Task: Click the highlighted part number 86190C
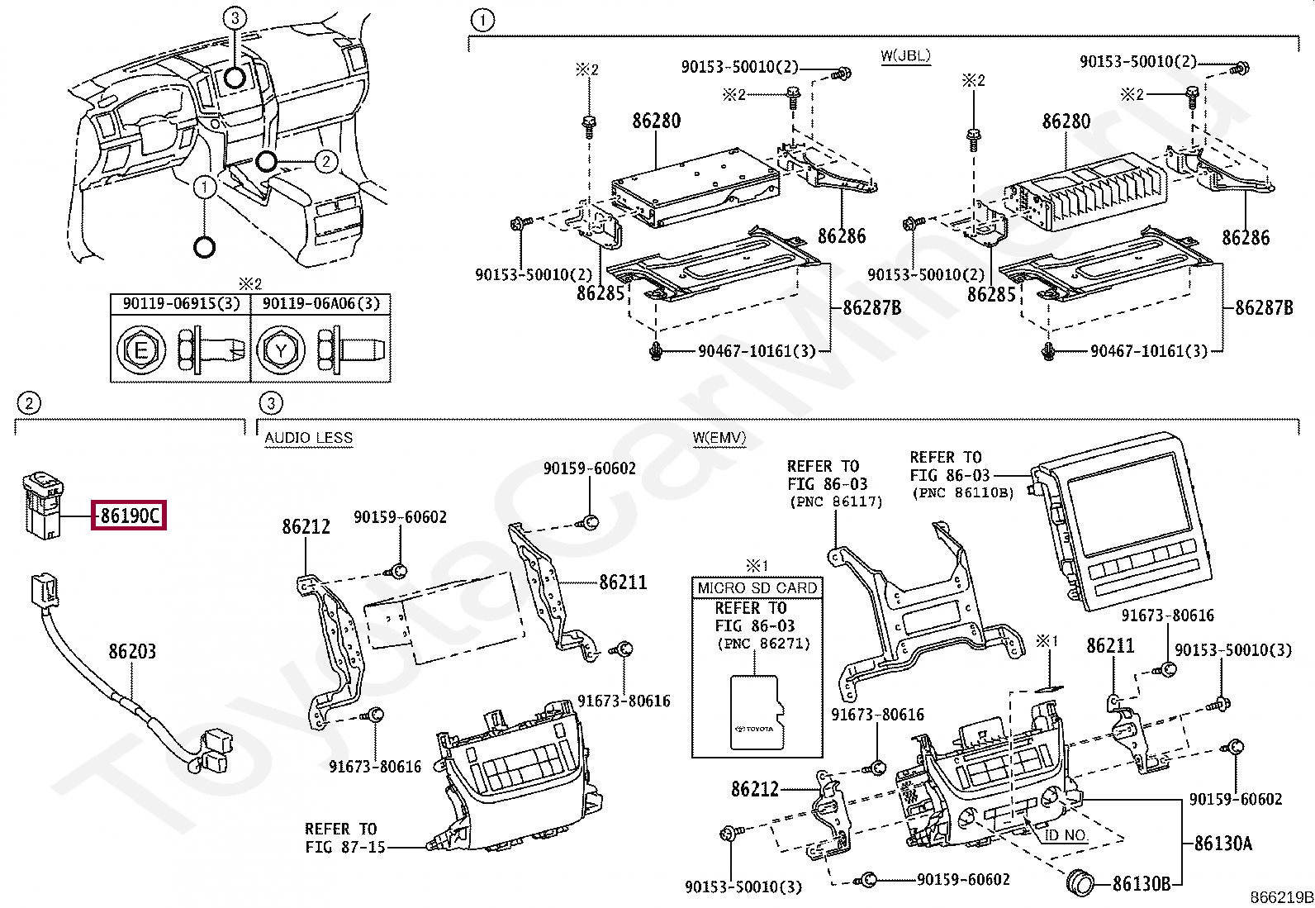point(131,516)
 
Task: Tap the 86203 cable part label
point(132,651)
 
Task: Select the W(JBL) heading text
point(905,56)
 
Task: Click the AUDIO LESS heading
point(308,439)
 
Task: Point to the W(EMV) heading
point(719,439)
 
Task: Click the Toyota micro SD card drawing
point(756,713)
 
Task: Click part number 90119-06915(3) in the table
point(181,304)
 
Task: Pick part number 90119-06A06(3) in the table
point(321,304)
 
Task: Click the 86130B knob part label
point(1142,883)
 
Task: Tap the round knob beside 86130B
point(1080,882)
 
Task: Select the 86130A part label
point(1222,844)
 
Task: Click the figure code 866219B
point(1280,898)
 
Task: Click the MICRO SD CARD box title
point(757,587)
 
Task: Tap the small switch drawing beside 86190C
point(41,504)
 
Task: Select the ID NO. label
point(1066,835)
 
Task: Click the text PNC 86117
point(835,502)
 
